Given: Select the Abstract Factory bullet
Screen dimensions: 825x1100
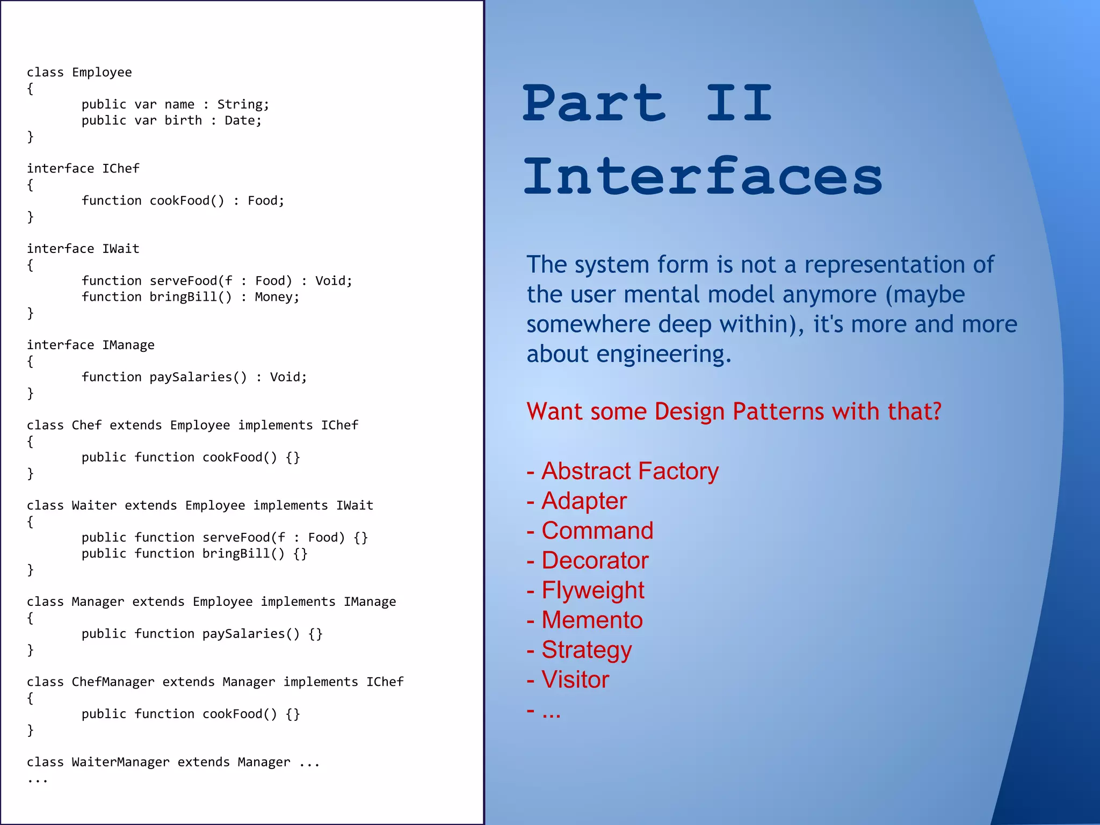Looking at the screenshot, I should [629, 471].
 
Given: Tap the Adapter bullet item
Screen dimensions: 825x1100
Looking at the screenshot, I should [584, 501].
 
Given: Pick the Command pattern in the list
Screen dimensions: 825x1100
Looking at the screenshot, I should [597, 531].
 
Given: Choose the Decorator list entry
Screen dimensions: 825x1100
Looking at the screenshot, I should [595, 561].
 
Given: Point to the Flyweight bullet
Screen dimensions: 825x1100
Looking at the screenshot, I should [592, 590].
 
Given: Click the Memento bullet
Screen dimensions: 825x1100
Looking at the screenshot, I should [592, 620].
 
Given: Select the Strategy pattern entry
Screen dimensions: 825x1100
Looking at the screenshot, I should [587, 650].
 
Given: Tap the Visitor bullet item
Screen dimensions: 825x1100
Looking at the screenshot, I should [575, 680].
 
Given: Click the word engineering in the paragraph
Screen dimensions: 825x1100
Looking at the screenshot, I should [663, 354].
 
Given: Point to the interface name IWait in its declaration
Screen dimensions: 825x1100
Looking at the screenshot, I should [121, 249].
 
